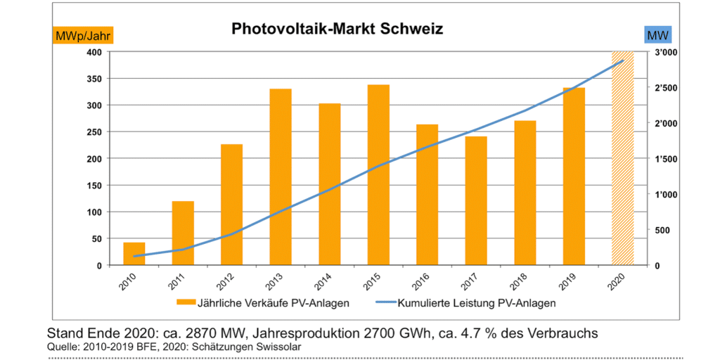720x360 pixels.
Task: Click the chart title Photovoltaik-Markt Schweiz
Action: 337,29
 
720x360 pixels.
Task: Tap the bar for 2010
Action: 134,254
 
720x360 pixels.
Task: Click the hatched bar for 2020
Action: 623,158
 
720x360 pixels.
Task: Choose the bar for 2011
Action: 183,233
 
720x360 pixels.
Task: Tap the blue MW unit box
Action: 657,34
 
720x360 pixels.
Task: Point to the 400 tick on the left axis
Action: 93,52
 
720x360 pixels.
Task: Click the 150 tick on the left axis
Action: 93,186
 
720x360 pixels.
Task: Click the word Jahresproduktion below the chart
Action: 295,332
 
